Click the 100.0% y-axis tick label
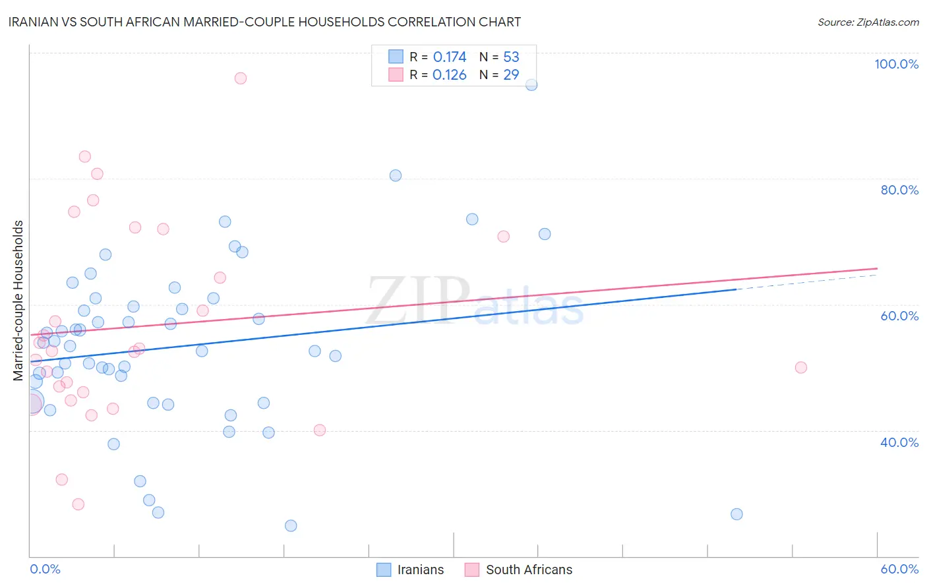coord(896,64)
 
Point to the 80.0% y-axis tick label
coord(899,190)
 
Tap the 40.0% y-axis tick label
coord(899,442)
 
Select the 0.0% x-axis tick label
coord(45,569)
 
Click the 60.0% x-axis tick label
coord(899,569)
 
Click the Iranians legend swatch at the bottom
coord(384,570)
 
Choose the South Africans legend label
coord(529,570)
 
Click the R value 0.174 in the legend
coord(450,57)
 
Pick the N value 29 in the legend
coord(511,74)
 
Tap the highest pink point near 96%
coord(241,78)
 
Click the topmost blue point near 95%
coord(531,85)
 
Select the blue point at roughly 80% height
coord(396,175)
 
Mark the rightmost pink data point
coord(801,368)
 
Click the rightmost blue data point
coord(737,514)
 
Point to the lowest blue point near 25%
coord(291,526)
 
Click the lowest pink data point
coord(78,504)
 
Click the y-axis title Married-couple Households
coord(18,301)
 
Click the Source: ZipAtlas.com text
coord(868,22)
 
